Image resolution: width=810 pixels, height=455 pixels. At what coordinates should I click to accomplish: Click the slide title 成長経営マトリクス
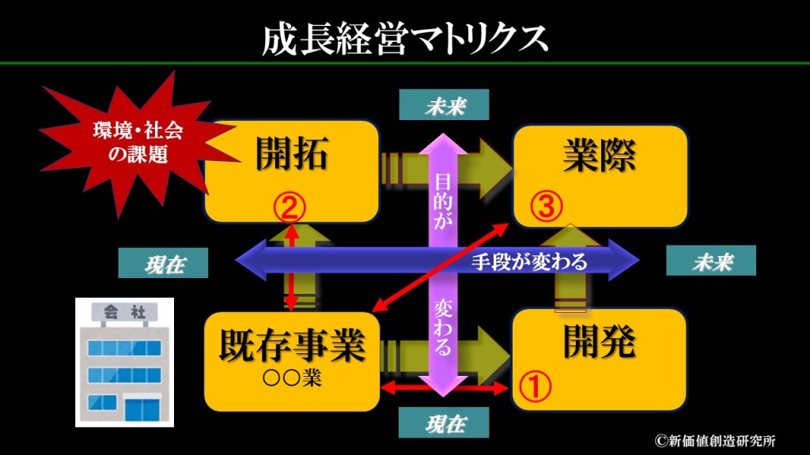pyautogui.click(x=404, y=37)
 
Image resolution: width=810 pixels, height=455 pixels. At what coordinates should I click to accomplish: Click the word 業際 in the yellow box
pyautogui.click(x=599, y=155)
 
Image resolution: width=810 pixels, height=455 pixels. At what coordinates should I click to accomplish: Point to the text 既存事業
pyautogui.click(x=292, y=345)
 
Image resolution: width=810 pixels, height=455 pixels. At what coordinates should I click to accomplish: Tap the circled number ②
pyautogui.click(x=290, y=208)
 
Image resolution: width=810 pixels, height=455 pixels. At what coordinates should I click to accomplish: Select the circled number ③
pyautogui.click(x=546, y=208)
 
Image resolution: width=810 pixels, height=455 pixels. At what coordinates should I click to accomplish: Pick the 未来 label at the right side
pyautogui.click(x=710, y=262)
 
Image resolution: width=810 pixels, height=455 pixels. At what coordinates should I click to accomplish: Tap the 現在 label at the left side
pyautogui.click(x=164, y=264)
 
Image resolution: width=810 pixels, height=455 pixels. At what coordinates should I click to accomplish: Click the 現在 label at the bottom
pyautogui.click(x=444, y=423)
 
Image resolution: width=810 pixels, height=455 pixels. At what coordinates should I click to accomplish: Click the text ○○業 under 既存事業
pyautogui.click(x=292, y=378)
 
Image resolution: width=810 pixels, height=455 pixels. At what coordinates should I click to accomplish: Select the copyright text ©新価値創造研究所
pyautogui.click(x=714, y=441)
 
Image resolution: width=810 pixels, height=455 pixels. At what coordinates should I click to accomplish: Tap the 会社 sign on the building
pyautogui.click(x=119, y=311)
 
